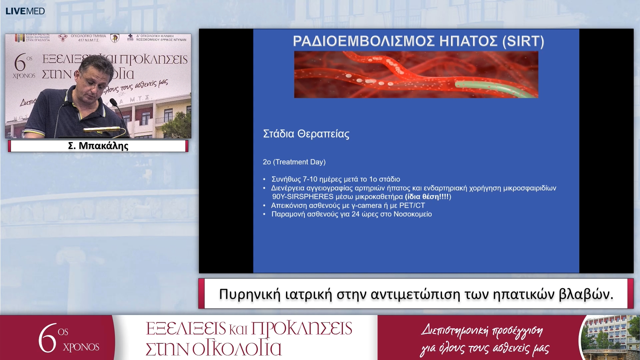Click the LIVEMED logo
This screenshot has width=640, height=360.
(x=25, y=11)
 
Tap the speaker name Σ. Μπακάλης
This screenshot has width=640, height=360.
(x=98, y=146)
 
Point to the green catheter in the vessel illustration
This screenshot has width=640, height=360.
(x=493, y=88)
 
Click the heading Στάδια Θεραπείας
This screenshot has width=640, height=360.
(x=306, y=134)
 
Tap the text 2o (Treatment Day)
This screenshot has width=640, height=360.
(x=294, y=162)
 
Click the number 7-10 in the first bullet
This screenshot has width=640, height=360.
(x=310, y=179)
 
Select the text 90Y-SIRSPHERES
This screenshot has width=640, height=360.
(x=303, y=197)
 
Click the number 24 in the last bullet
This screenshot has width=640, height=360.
(x=355, y=214)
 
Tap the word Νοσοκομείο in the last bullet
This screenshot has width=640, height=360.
(x=413, y=214)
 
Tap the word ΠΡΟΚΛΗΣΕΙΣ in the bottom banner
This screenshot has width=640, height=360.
(x=301, y=329)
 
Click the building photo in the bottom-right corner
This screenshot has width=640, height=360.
(x=610, y=337)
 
